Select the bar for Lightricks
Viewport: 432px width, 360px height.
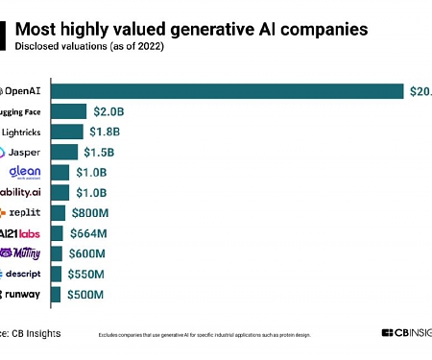(66, 132)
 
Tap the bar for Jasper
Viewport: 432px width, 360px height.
(63, 152)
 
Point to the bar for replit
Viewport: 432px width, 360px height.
(58, 213)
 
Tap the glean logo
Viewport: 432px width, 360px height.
(25, 172)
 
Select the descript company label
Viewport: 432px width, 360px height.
(22, 274)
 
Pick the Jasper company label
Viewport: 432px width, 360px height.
(21, 152)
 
